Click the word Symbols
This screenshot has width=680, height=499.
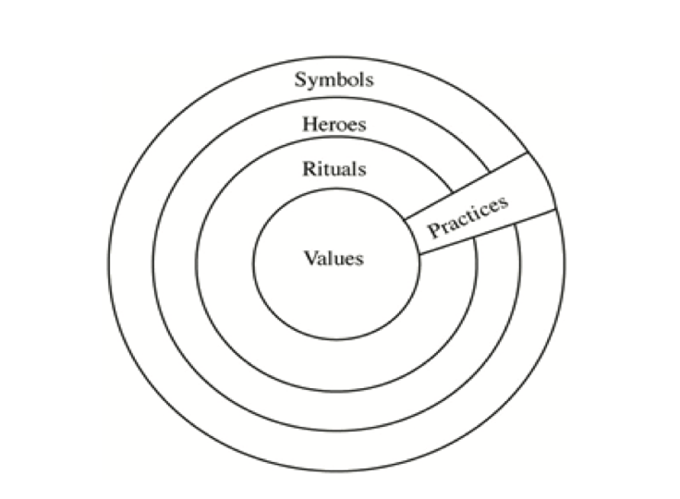tap(334, 79)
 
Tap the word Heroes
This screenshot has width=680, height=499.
tap(334, 125)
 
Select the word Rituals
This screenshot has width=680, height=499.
tap(334, 169)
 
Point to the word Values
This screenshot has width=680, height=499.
tap(334, 258)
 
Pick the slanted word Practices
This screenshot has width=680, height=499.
tap(468, 216)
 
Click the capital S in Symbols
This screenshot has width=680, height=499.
tap(301, 79)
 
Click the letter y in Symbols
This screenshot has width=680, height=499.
tap(313, 81)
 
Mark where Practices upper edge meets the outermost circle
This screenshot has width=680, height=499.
tap(528, 153)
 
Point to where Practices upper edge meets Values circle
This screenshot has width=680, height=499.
tap(404, 220)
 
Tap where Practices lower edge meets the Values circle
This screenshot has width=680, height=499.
tap(419, 255)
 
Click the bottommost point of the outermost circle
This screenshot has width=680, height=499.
tap(335, 473)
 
